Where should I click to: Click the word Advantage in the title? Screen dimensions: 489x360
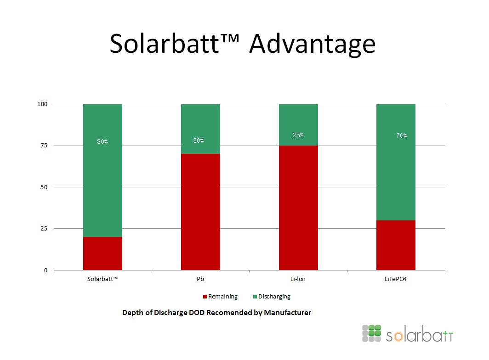pyautogui.click(x=312, y=44)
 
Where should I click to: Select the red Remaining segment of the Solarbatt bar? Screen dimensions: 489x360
pyautogui.click(x=102, y=253)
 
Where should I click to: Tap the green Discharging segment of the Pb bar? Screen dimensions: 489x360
pyautogui.click(x=200, y=129)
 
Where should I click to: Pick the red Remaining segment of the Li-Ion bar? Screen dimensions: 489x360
pyautogui.click(x=298, y=208)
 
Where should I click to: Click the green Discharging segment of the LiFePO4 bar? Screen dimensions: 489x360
pyautogui.click(x=396, y=162)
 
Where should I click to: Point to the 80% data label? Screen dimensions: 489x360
pyautogui.click(x=102, y=141)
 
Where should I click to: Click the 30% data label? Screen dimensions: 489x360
pyautogui.click(x=199, y=141)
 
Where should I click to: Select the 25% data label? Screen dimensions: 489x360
pyautogui.click(x=298, y=135)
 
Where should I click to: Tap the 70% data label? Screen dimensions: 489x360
pyautogui.click(x=401, y=135)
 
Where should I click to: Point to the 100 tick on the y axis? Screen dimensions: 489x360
pyautogui.click(x=42, y=104)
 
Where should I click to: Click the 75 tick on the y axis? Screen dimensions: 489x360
pyautogui.click(x=44, y=146)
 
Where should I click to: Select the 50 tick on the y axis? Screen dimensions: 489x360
pyautogui.click(x=44, y=187)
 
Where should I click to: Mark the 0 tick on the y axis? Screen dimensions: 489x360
pyautogui.click(x=45, y=270)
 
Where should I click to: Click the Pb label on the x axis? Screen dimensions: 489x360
pyautogui.click(x=200, y=279)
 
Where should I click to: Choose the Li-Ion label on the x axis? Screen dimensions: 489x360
pyautogui.click(x=298, y=279)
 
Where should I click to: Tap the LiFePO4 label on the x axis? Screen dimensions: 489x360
pyautogui.click(x=395, y=279)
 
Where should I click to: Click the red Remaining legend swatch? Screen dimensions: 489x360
pyautogui.click(x=205, y=297)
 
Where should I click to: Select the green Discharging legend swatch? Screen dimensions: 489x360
pyautogui.click(x=255, y=297)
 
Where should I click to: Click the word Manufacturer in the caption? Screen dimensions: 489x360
pyautogui.click(x=288, y=312)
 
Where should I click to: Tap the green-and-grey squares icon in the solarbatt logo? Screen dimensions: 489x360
pyautogui.click(x=371, y=333)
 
